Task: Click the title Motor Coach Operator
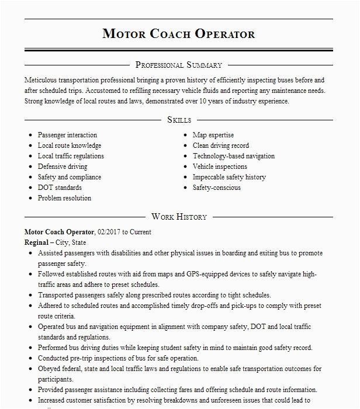coord(179,33)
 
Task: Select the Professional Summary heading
coord(179,65)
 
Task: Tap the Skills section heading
coord(179,119)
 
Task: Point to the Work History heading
coord(179,216)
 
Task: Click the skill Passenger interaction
coord(67,135)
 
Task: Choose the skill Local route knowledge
coord(70,145)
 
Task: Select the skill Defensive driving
coord(63,167)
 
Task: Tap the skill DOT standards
coord(60,188)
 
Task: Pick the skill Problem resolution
coord(64,198)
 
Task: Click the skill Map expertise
coord(213,135)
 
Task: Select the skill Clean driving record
coord(221,145)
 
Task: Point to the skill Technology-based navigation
coord(234,156)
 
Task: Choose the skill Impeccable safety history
coord(229,177)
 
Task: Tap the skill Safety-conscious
coord(217,188)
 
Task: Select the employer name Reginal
coord(36,242)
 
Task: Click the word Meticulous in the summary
coord(43,80)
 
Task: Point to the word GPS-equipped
coord(209,273)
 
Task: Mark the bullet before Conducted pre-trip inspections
coord(30,358)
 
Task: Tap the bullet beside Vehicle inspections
coord(185,167)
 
